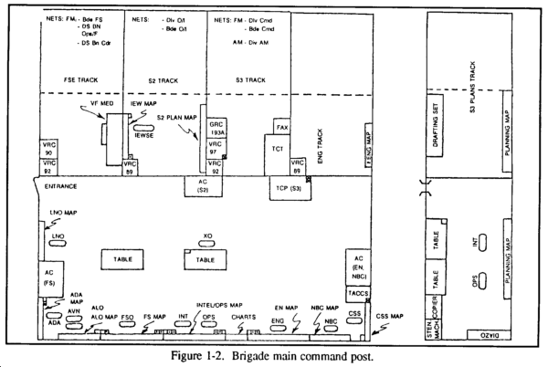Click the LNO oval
[x=58, y=236]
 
